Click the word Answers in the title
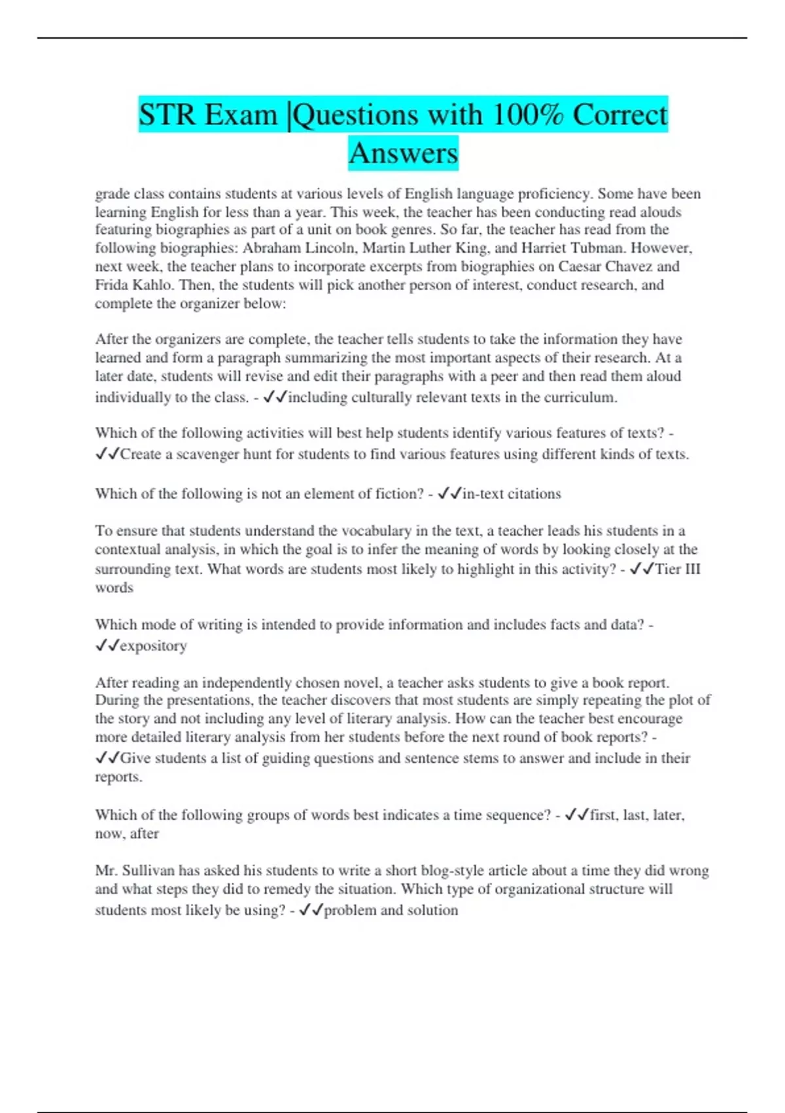(403, 153)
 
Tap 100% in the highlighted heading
(526, 115)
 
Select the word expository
(154, 646)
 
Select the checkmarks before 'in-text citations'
(449, 494)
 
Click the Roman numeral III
(693, 569)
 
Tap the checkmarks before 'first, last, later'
(576, 815)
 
